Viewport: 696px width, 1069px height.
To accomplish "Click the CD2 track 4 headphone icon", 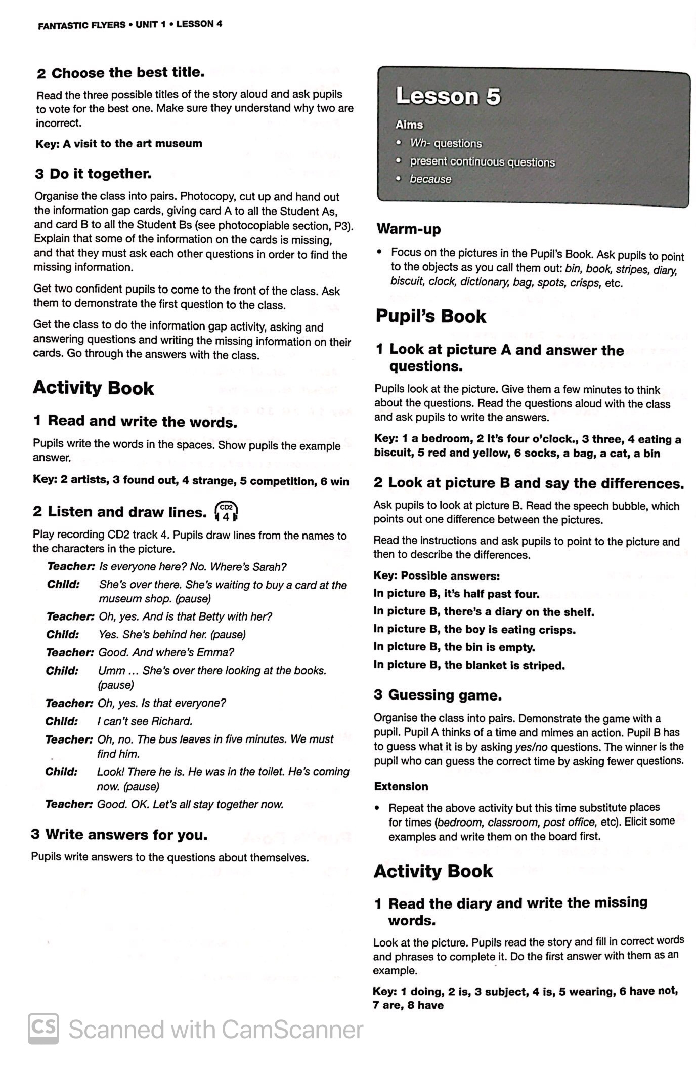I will [x=226, y=511].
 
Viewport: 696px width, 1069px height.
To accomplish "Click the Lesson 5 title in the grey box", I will [x=448, y=96].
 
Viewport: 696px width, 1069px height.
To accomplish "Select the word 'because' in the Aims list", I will [x=430, y=179].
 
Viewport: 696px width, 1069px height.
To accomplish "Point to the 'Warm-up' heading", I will [x=409, y=229].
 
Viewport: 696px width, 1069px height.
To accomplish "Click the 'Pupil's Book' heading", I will [x=430, y=317].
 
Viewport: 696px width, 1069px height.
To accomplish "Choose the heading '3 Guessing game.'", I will [x=438, y=695].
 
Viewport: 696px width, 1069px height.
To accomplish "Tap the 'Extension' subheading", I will [x=401, y=786].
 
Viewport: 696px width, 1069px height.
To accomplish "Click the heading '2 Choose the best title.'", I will [x=121, y=73].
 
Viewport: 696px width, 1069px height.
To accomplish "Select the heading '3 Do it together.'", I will [x=94, y=174].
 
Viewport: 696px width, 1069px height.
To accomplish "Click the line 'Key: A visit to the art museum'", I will [x=119, y=144].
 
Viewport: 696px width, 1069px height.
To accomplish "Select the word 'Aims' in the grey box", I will [x=409, y=125].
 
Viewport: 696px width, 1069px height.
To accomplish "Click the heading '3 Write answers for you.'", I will [x=119, y=835].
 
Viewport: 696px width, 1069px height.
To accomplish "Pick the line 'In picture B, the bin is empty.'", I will [x=454, y=647].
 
